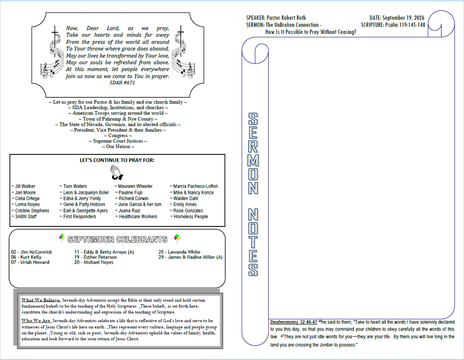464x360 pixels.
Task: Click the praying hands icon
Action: pyautogui.click(x=116, y=173)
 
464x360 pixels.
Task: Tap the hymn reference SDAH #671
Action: pyautogui.click(x=122, y=83)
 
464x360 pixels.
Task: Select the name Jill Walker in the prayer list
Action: pyautogui.click(x=24, y=187)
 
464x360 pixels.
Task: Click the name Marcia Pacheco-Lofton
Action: pyautogui.click(x=194, y=187)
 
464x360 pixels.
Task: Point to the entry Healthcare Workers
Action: pyautogui.click(x=136, y=216)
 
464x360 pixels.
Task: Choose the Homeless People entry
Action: pyautogui.click(x=189, y=216)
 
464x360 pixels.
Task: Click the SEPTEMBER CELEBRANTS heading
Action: pyautogui.click(x=117, y=239)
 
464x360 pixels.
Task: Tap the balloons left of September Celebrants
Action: pyautogui.click(x=62, y=238)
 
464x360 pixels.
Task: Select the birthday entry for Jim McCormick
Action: pyautogui.click(x=32, y=252)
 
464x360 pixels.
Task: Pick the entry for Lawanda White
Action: pyautogui.click(x=179, y=252)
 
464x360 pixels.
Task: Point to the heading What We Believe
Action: pyautogui.click(x=41, y=300)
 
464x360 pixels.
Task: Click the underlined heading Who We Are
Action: pyautogui.click(x=36, y=321)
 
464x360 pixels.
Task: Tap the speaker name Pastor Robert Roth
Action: pyautogui.click(x=286, y=18)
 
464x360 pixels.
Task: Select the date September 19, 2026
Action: pyautogui.click(x=403, y=18)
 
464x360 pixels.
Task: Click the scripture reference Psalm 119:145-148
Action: pyautogui.click(x=405, y=25)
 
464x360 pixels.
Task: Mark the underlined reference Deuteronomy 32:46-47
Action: pyautogui.click(x=294, y=322)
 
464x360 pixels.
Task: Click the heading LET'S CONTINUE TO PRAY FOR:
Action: pyautogui.click(x=117, y=160)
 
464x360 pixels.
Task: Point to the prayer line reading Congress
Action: pyautogui.click(x=118, y=135)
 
